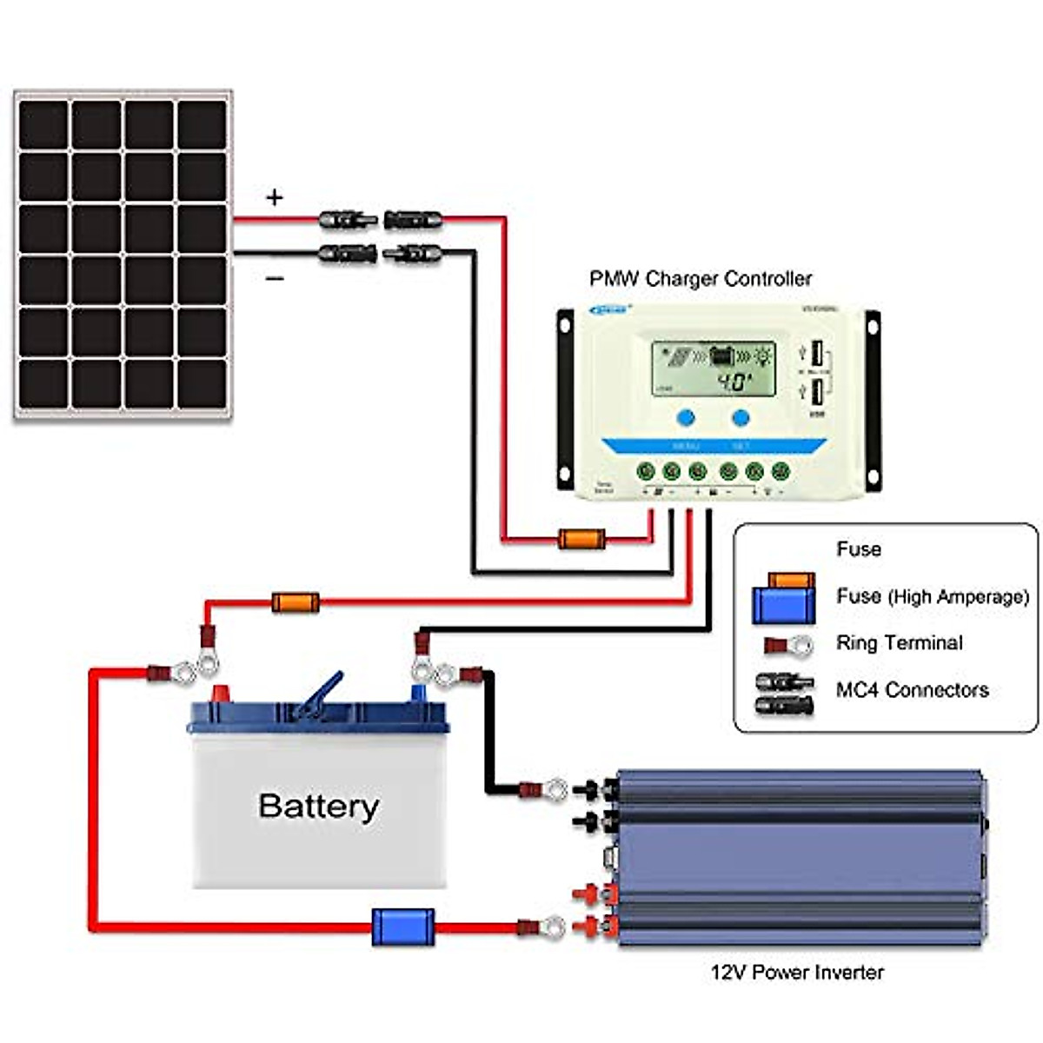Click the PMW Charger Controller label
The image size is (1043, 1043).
[x=701, y=279]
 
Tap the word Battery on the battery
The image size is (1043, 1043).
[x=318, y=806]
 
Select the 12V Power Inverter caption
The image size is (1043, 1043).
[x=796, y=972]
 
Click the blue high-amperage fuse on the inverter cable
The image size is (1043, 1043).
[x=403, y=927]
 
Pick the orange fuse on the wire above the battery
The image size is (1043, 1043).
[x=296, y=602]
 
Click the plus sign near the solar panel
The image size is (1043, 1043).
[x=275, y=198]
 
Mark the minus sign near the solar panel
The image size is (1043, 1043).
[x=275, y=279]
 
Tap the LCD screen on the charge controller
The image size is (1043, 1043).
[x=713, y=369]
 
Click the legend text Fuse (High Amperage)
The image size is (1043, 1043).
[x=932, y=596]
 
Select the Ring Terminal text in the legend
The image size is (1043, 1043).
[x=899, y=643]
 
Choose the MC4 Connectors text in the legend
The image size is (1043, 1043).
[x=912, y=690]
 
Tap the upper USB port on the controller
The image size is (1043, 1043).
[x=817, y=354]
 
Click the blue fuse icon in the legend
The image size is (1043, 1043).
[x=783, y=605]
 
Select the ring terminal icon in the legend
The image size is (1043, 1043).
[x=788, y=646]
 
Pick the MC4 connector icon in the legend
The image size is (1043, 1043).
[x=785, y=693]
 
